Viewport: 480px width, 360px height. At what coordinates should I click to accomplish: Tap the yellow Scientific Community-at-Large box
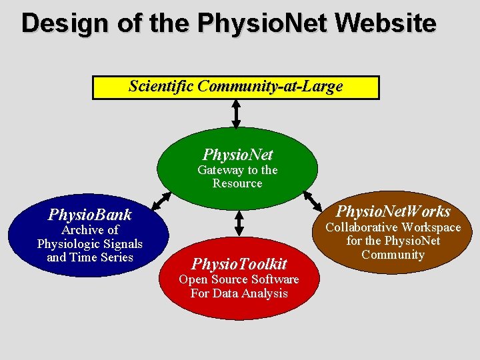[x=235, y=87]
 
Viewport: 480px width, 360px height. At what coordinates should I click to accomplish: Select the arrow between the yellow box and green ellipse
[x=236, y=113]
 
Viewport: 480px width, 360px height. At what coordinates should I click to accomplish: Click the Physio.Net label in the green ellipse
[x=237, y=155]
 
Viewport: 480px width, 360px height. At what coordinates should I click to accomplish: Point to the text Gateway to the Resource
[x=237, y=177]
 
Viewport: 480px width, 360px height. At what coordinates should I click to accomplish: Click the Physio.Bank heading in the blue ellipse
[x=89, y=215]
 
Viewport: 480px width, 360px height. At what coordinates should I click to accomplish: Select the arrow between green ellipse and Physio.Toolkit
[x=239, y=223]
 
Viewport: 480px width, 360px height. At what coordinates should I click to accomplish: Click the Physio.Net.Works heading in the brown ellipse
[x=393, y=211]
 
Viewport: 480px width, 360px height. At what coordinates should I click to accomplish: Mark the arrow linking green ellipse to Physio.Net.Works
[x=311, y=198]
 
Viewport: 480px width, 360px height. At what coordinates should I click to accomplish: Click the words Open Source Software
[x=239, y=279]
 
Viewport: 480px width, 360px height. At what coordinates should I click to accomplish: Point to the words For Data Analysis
[x=239, y=293]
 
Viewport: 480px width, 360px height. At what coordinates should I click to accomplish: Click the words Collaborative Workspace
[x=393, y=228]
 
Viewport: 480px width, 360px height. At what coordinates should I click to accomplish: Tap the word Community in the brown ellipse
[x=393, y=255]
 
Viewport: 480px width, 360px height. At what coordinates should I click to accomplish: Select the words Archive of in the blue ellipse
[x=89, y=230]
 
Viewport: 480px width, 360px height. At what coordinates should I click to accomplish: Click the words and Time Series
[x=90, y=257]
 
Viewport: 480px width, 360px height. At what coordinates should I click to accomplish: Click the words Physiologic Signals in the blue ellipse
[x=90, y=244]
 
